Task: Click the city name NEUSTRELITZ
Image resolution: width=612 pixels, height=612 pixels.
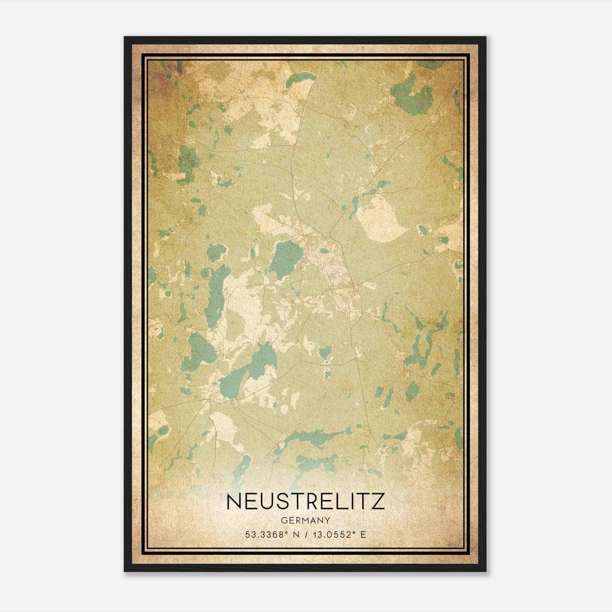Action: (x=306, y=501)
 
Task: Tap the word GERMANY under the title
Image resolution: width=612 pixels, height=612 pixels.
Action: (x=306, y=520)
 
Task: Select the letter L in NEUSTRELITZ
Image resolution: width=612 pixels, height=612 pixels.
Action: (x=342, y=501)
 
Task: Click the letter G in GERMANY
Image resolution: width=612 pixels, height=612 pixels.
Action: (x=283, y=520)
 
